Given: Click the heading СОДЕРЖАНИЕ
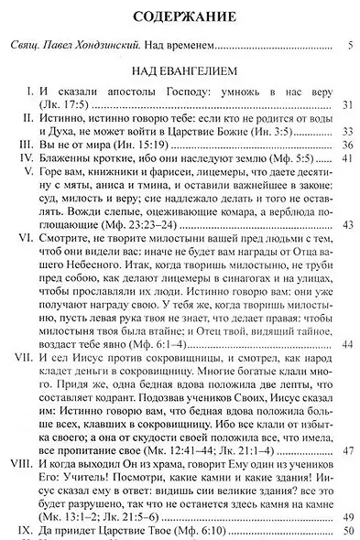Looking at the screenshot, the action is [x=180, y=16].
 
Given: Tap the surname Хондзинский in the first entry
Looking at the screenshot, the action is [x=122, y=45].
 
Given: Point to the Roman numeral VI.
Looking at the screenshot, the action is [x=24, y=249].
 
